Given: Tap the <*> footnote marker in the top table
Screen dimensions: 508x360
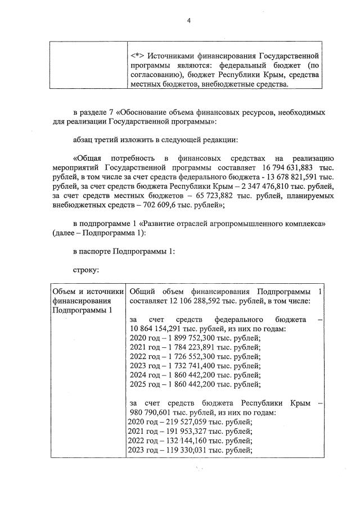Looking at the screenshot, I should [x=137, y=56].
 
